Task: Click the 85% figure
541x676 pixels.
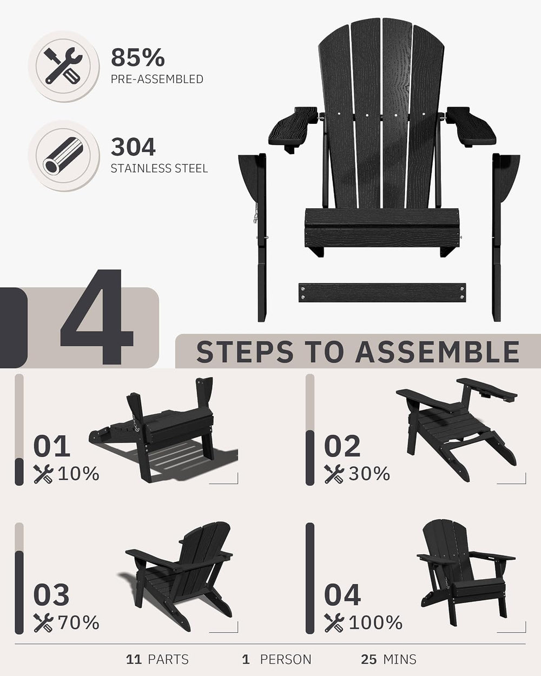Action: point(138,57)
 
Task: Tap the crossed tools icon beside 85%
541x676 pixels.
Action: point(63,66)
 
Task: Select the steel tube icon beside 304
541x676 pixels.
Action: point(63,156)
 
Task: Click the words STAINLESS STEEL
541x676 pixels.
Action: point(159,168)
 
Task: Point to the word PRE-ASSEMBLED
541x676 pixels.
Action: point(157,79)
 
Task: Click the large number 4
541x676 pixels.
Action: point(96,317)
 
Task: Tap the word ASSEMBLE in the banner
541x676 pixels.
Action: point(437,352)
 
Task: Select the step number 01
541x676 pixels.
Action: point(51,446)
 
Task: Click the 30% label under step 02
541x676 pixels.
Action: point(369,473)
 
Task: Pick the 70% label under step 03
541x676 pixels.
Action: point(78,622)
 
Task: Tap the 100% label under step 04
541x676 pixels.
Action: point(375,622)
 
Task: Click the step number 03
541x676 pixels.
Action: point(51,595)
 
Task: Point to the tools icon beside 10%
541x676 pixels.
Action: point(43,474)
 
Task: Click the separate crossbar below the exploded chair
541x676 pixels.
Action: point(382,293)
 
